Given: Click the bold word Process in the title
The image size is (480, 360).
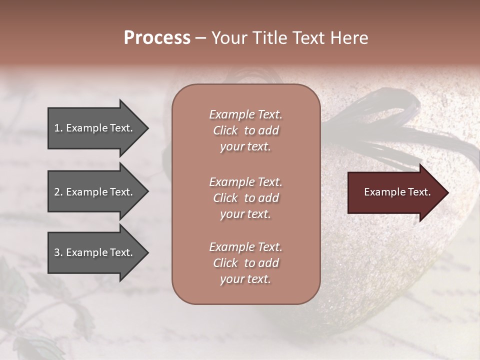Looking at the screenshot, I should coord(157,38).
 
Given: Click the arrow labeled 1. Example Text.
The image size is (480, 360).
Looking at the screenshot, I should coord(95,128).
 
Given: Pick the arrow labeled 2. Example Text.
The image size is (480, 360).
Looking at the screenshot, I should coord(95,192).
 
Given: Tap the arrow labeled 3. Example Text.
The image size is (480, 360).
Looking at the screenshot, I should coord(95,252).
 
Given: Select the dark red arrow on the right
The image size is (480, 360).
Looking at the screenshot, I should coord(395,192).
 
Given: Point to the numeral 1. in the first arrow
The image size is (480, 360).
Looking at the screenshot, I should coord(58,128).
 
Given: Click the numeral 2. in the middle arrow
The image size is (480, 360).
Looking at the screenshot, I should coord(58,192).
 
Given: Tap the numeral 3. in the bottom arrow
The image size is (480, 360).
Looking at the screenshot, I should coord(58,252).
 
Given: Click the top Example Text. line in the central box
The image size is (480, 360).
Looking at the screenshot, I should coord(245,114).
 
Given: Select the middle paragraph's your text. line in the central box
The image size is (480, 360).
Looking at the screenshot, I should coord(245,214).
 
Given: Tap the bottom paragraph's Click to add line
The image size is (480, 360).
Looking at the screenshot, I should coord(245,263).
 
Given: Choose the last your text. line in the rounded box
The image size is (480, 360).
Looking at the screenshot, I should coord(245,279).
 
